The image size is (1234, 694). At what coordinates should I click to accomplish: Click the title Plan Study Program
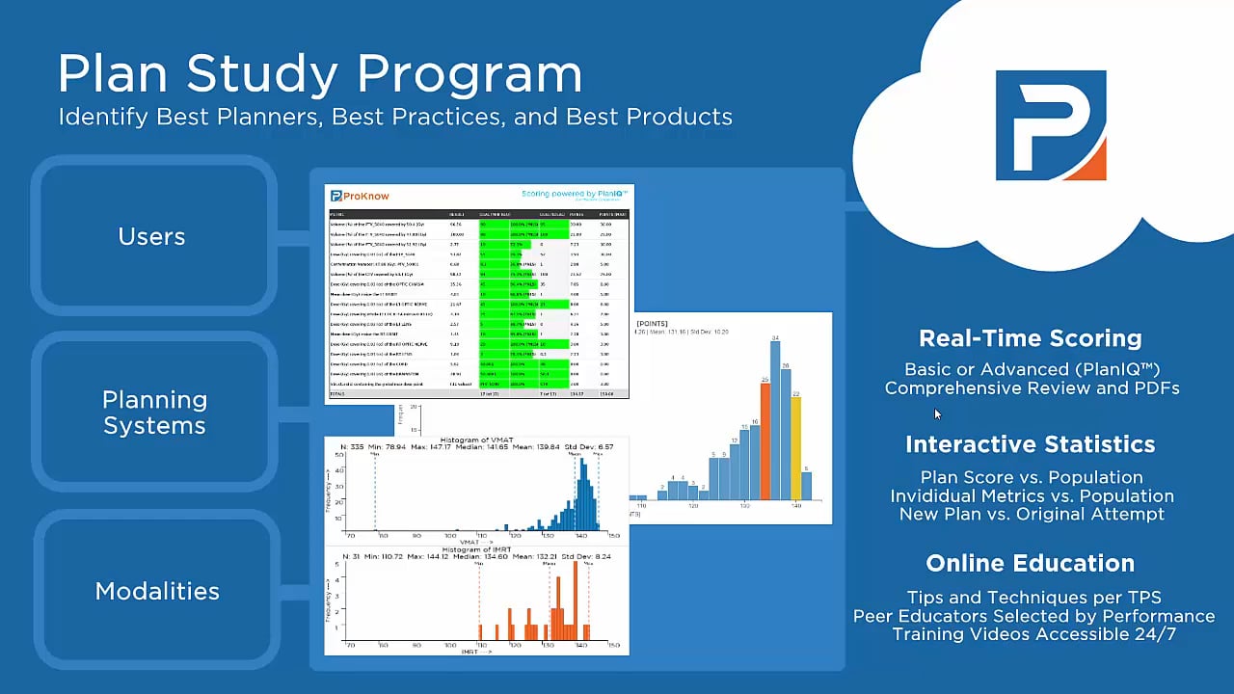pos(319,75)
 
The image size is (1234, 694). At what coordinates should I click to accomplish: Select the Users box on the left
pos(151,236)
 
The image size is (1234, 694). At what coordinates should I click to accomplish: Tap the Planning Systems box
pos(154,413)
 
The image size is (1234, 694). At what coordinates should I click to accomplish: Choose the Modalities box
pos(156,591)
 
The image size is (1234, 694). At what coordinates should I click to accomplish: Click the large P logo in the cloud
pos(1050,125)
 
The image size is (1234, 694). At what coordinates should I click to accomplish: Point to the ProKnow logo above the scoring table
pos(361,196)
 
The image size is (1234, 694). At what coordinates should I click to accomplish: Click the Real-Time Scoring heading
pos(1030,338)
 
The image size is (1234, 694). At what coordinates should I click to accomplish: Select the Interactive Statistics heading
pos(1030,444)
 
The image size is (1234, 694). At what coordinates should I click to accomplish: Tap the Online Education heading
pos(1030,563)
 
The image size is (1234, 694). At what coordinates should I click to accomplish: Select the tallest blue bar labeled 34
pos(775,419)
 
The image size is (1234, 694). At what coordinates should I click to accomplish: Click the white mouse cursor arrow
pos(937,414)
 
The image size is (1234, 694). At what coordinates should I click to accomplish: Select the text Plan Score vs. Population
pos(1032,477)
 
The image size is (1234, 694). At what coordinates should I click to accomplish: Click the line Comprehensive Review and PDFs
pos(1032,388)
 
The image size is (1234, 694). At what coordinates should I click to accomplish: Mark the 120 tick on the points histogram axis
pos(692,506)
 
